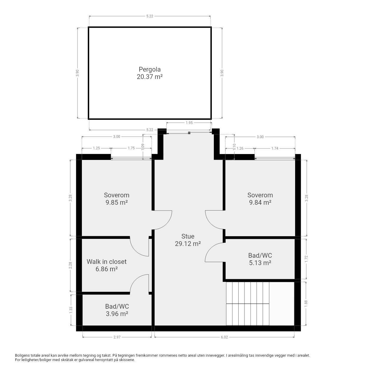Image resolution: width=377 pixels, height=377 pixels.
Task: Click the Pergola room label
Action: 150,70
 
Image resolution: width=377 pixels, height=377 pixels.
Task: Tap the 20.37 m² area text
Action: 150,77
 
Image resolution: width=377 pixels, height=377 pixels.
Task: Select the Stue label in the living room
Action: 188,236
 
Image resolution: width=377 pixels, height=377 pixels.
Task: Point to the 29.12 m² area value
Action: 188,244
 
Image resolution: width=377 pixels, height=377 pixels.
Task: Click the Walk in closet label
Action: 107,262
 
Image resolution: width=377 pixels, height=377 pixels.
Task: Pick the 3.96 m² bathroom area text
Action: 117,314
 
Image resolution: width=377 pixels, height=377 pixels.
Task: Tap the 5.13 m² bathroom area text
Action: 260,262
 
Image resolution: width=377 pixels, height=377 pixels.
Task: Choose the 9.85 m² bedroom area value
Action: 117,202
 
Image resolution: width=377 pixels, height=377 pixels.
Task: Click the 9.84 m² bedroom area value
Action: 260,202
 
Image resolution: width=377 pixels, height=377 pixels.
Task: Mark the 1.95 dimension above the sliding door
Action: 189,123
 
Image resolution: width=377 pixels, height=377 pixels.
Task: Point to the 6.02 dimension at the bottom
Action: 224,337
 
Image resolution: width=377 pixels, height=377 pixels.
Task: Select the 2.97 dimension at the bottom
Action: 117,337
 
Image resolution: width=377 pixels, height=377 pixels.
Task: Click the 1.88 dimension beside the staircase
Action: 306,303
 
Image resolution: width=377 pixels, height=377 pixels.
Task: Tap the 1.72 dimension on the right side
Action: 306,259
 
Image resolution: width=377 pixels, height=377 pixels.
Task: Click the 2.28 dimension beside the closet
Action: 70,265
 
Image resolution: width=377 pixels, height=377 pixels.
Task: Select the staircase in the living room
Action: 248,304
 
